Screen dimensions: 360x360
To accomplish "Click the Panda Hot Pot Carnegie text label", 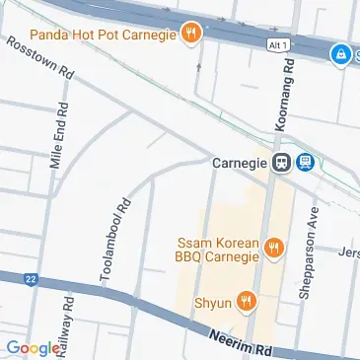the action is [106, 36].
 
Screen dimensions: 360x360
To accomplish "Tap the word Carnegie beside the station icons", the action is [240, 163].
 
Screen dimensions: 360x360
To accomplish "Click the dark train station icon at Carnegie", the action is [281, 163].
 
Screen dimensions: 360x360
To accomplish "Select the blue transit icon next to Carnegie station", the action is [305, 163].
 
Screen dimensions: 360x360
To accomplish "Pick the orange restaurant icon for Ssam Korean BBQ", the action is [274, 250].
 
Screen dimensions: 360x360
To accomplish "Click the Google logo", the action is [32, 347].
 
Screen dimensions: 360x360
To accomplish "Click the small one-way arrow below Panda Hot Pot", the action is [199, 68].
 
